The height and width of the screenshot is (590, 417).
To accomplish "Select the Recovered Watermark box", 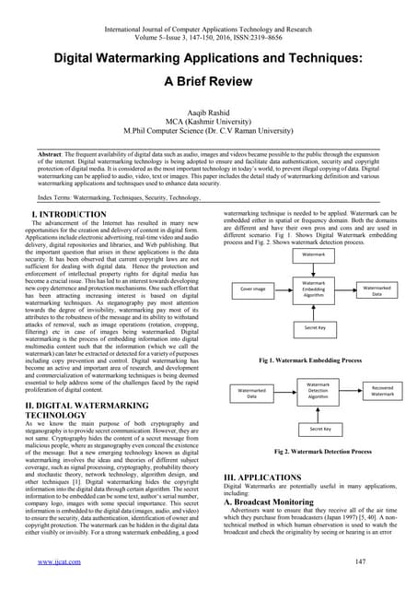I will click(x=382, y=392).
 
